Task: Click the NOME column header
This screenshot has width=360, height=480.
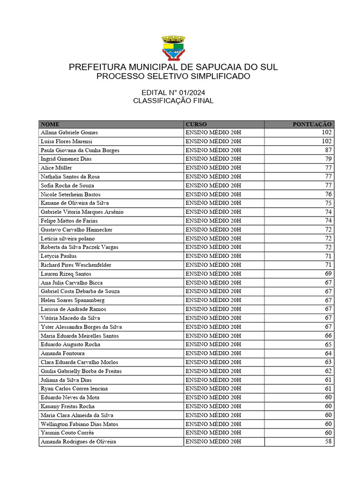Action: [50, 124]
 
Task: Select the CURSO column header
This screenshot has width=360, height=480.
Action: [196, 124]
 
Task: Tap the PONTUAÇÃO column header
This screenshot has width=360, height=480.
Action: [312, 124]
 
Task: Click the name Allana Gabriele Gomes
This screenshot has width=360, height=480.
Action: [69, 133]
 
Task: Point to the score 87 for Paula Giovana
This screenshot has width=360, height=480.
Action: [328, 150]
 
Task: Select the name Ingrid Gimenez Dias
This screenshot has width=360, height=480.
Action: [66, 159]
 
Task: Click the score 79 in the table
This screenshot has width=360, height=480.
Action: [328, 159]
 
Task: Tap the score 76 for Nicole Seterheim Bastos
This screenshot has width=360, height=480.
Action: [328, 195]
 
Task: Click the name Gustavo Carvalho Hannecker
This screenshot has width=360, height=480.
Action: [76, 230]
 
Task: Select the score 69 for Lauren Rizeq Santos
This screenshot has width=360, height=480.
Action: [328, 274]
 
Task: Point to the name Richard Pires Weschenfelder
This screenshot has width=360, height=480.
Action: [76, 265]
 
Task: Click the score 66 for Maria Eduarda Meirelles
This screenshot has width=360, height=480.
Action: [328, 336]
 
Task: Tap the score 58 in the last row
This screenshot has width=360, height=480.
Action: [328, 442]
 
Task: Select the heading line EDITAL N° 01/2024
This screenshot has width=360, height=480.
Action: [173, 92]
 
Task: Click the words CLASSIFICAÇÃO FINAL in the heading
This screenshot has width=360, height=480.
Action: [173, 101]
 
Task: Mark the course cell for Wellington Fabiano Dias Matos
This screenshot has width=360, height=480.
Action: [213, 424]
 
